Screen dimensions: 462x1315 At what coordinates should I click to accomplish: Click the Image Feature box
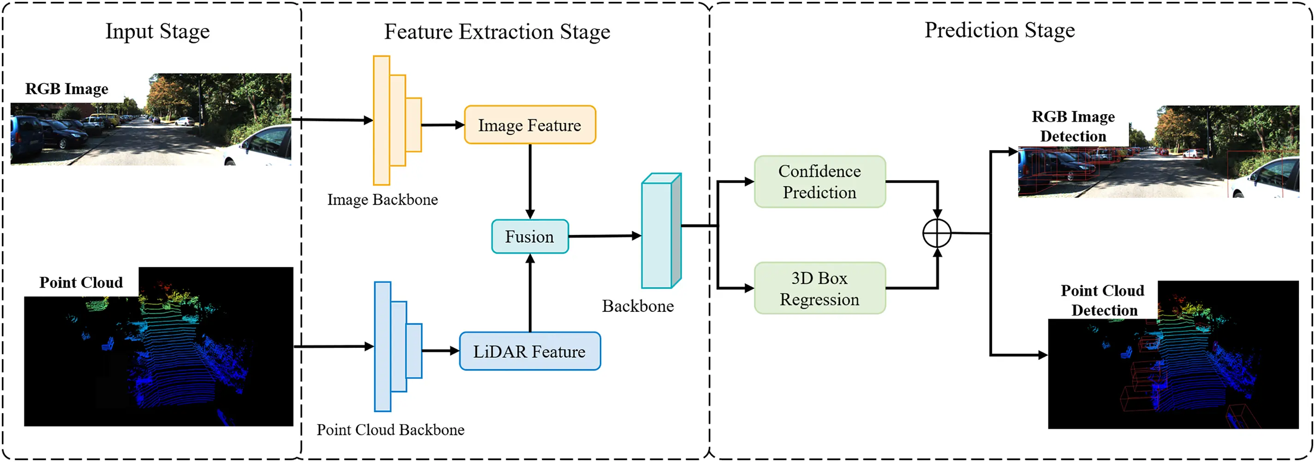click(529, 125)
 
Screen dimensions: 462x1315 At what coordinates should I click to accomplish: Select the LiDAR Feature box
click(529, 351)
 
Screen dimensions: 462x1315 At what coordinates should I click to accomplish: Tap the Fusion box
click(529, 236)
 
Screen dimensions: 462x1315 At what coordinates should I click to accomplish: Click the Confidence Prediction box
click(819, 182)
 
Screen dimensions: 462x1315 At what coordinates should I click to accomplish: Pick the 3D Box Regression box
click(819, 288)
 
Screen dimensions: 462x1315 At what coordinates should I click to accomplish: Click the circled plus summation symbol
click(937, 233)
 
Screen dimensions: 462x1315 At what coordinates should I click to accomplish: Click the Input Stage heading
click(157, 32)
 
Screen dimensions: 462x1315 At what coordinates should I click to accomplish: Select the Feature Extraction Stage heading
click(496, 32)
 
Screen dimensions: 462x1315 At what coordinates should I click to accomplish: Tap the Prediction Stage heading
click(999, 30)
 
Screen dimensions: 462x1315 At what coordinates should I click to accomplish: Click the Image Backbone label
click(383, 199)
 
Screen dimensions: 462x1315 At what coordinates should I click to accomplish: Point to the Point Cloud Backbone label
click(390, 429)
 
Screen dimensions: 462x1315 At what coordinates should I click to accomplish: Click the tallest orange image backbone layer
click(381, 120)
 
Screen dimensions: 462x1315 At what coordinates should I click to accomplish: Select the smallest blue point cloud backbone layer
click(414, 351)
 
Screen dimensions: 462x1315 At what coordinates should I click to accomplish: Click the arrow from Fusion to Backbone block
click(605, 236)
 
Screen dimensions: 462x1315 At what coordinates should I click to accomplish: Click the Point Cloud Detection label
click(1103, 300)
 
